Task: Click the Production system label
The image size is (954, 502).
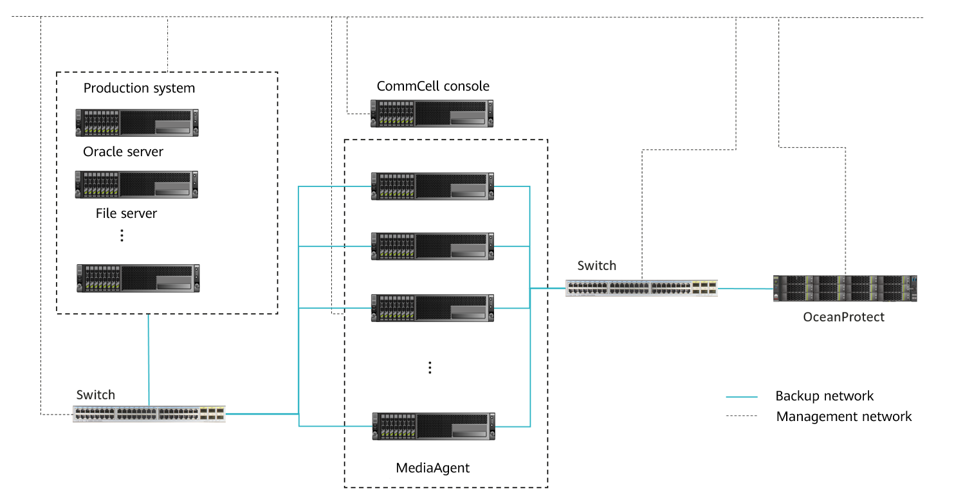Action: coord(139,88)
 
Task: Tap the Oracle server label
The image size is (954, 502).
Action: coord(123,152)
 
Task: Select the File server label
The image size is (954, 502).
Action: coord(126,213)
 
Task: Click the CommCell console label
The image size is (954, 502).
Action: coord(433,86)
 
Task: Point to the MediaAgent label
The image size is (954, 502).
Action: coord(432,468)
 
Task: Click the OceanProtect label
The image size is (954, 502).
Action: coord(843,317)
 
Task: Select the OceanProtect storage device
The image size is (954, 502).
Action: coord(845,289)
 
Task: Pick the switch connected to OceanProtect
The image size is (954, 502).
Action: coord(641,289)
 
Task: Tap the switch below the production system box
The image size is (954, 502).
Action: coord(149,414)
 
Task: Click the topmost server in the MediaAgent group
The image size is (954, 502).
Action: coord(432,186)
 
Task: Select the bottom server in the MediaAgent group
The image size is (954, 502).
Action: coord(433,426)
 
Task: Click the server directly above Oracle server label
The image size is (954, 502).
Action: coord(136,123)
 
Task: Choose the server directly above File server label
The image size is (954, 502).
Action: coord(136,184)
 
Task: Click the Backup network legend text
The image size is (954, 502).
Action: coord(824,396)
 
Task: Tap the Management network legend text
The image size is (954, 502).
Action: coord(843,417)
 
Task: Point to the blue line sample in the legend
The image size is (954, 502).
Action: coord(742,397)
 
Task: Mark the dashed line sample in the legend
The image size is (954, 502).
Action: coord(742,417)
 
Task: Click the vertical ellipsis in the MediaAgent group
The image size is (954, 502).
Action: coord(430,368)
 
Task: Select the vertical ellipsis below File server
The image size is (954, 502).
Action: coord(122,236)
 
